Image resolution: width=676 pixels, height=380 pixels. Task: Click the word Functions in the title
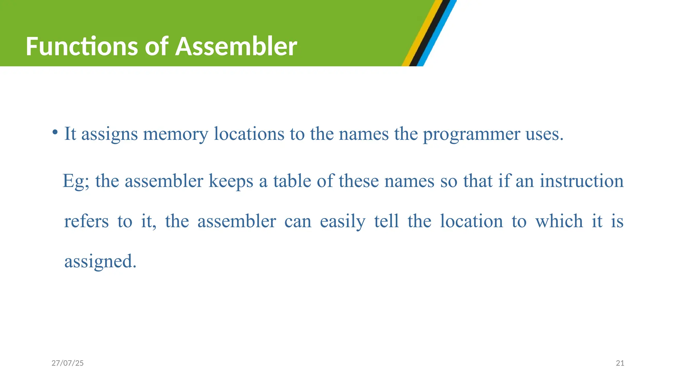(x=81, y=47)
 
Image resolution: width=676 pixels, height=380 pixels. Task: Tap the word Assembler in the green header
(x=236, y=47)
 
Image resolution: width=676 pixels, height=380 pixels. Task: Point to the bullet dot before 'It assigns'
(x=55, y=133)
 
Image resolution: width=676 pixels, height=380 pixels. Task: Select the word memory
(x=176, y=134)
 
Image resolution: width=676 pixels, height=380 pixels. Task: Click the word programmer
(x=471, y=134)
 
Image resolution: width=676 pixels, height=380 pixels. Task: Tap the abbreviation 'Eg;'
(x=76, y=181)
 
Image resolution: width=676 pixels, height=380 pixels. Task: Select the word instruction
(x=582, y=181)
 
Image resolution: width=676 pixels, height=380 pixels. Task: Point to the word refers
(x=86, y=221)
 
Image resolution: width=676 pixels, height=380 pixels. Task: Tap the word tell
(x=387, y=221)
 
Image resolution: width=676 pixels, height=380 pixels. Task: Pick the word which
(x=559, y=221)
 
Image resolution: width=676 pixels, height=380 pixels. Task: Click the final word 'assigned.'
(x=100, y=261)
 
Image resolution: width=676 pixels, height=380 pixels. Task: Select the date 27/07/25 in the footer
(x=68, y=363)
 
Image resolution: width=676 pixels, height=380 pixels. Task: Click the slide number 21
(x=620, y=363)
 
